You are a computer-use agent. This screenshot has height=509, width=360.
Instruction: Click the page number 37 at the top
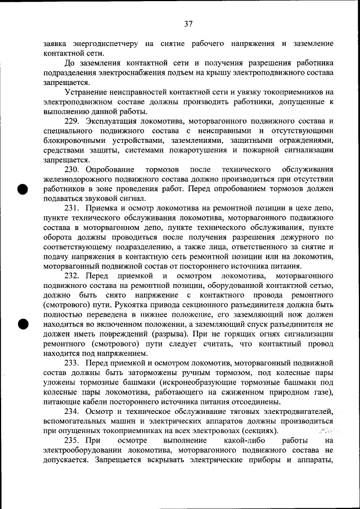pos(188,24)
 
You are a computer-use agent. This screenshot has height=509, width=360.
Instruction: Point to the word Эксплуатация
pos(114,121)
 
